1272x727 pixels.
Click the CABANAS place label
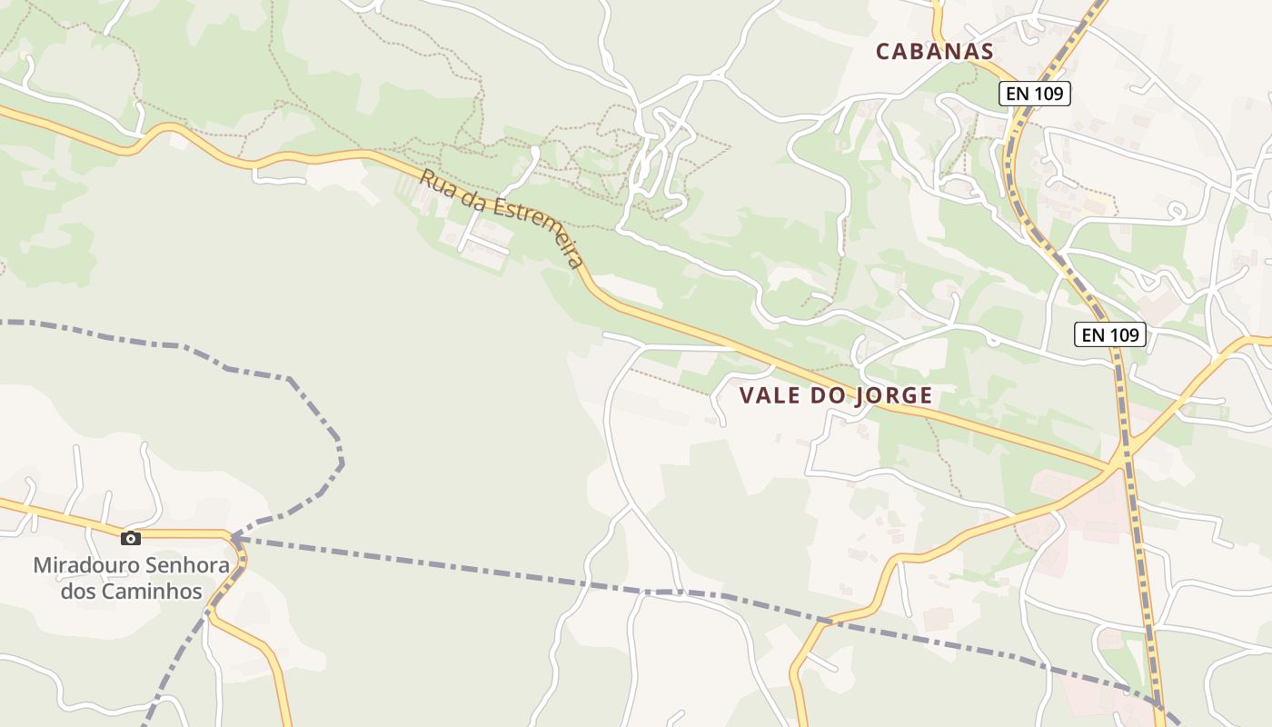point(935,52)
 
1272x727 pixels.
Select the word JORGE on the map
point(894,396)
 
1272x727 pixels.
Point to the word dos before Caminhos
point(80,591)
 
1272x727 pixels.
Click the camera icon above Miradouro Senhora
point(131,538)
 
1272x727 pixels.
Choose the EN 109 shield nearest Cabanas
point(1035,93)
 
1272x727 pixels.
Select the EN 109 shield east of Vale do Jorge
point(1110,334)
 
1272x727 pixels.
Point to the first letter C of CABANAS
point(883,52)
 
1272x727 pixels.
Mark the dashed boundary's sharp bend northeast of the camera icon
point(341,462)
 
